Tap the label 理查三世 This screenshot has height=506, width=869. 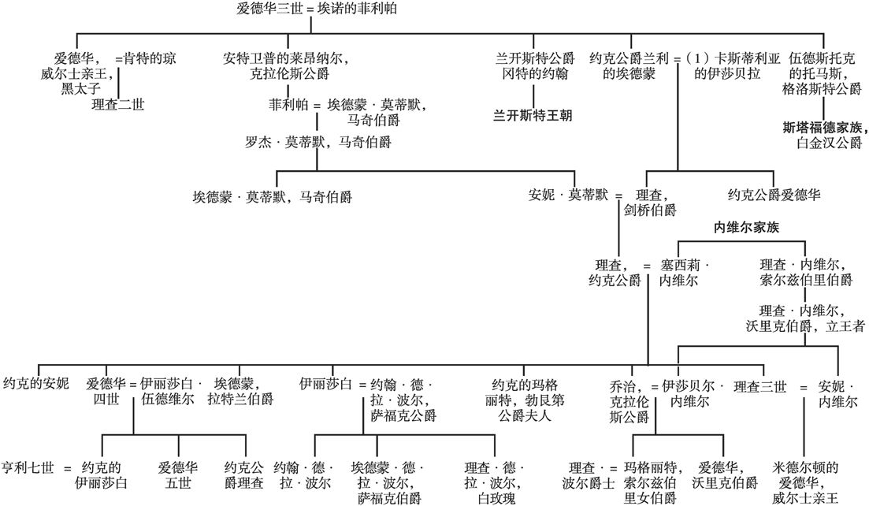click(759, 385)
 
